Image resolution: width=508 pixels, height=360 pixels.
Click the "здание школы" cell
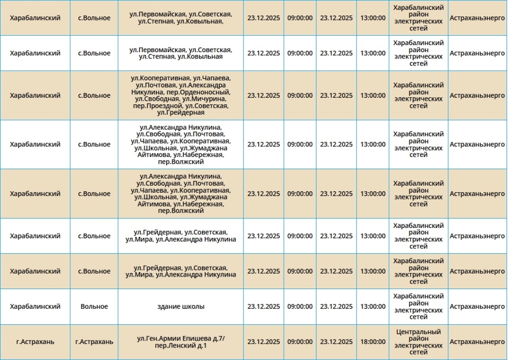pos(181,306)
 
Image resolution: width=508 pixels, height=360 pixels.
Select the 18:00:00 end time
pos(373,342)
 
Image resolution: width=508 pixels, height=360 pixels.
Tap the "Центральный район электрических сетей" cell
pos(419,342)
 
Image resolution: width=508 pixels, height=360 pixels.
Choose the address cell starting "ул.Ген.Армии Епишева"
pos(181,342)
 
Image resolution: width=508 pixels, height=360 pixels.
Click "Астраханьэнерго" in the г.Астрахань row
pos(477,342)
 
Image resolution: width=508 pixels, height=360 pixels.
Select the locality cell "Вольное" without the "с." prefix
pos(94,306)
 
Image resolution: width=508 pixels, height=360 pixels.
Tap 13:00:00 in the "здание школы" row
pos(373,306)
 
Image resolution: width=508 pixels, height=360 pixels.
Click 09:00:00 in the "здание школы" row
pos(300,306)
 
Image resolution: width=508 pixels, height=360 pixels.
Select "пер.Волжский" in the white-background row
pos(181,162)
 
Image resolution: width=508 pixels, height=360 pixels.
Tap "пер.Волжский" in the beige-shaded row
pos(181,211)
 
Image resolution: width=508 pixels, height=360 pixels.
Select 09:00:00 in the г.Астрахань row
pos(300,342)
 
